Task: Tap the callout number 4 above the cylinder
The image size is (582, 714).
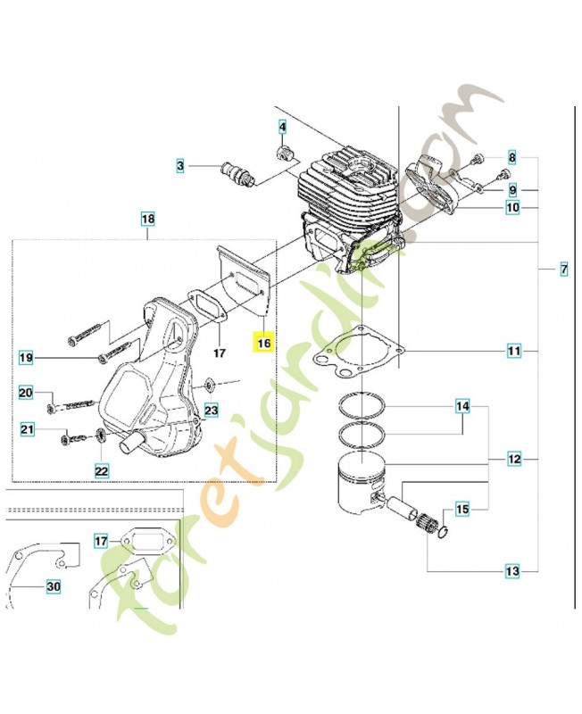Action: coord(283,128)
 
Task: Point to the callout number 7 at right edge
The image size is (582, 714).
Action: coord(563,269)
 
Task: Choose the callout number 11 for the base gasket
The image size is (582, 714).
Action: coord(514,352)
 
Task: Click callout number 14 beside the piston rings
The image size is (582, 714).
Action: coord(461,408)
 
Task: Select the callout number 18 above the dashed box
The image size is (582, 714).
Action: coord(148,219)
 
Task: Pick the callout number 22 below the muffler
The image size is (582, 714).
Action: coord(102,469)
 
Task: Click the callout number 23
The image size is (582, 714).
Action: coord(211,411)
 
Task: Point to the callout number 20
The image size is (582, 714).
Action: coord(26,393)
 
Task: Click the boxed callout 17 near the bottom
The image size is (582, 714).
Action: coord(101,540)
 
